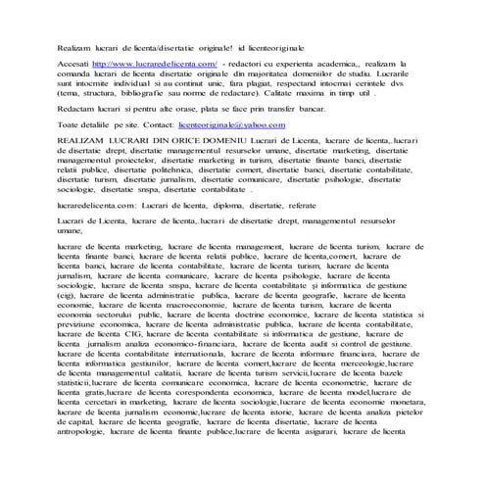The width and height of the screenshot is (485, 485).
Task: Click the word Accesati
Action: tap(74, 62)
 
